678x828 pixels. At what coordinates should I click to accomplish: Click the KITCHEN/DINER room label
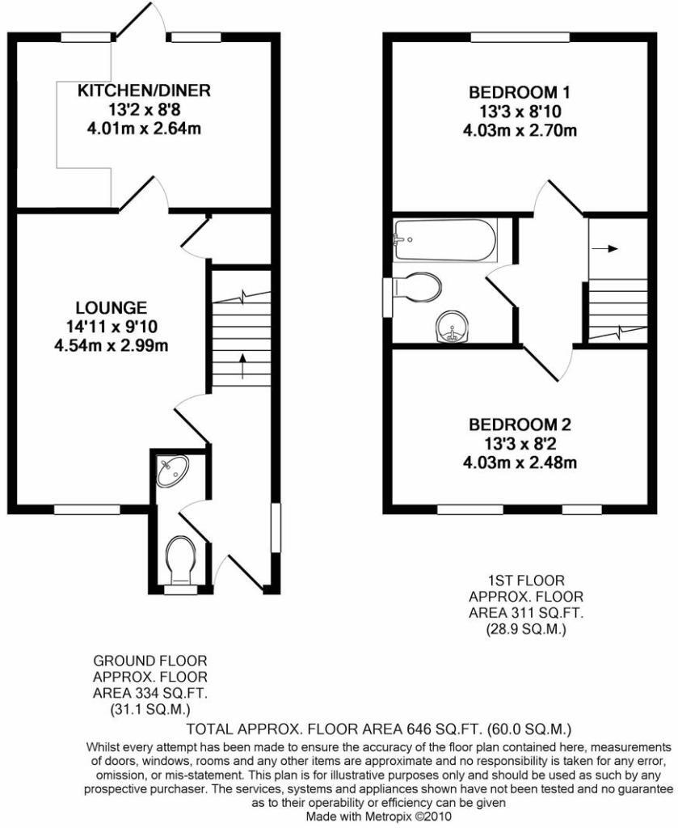click(144, 91)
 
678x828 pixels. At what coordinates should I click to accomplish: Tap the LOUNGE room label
click(112, 307)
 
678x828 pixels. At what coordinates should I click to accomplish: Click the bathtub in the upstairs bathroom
click(444, 239)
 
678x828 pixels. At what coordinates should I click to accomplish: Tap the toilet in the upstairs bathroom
click(417, 287)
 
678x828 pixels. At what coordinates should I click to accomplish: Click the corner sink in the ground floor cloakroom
click(172, 471)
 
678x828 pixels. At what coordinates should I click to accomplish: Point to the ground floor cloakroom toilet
click(180, 560)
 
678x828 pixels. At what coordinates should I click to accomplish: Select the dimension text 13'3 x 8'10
click(518, 111)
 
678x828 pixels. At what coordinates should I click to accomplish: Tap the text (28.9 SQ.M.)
click(525, 628)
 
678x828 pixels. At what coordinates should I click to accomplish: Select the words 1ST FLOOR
click(525, 580)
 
